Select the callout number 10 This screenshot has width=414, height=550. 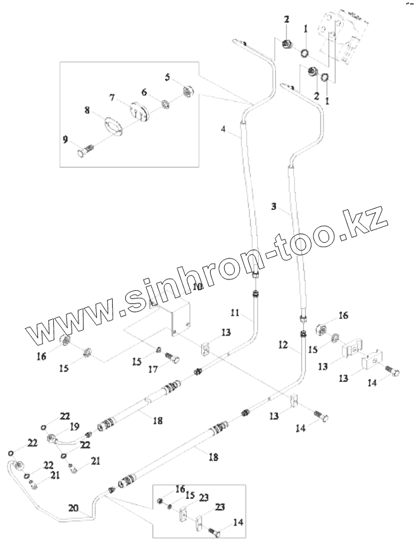click(x=197, y=286)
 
